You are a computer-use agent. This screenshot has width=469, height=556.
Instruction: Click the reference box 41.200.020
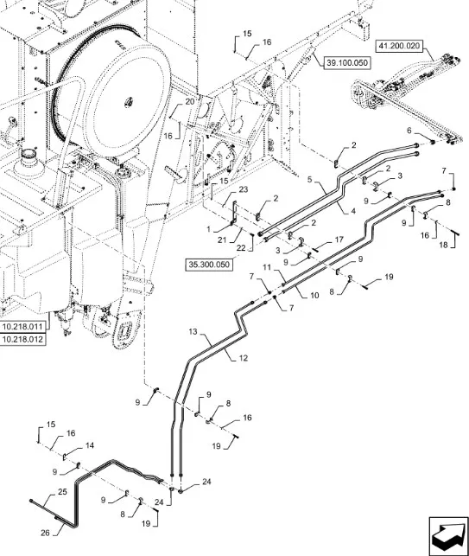[x=399, y=46]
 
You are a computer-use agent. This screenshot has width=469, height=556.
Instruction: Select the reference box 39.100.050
[x=347, y=63]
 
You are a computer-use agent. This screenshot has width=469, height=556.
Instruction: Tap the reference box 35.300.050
[x=209, y=265]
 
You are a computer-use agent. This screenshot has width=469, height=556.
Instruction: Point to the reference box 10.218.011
[x=23, y=327]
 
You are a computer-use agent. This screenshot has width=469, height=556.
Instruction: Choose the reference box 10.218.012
[x=23, y=339]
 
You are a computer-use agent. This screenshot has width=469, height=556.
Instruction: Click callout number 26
[x=45, y=533]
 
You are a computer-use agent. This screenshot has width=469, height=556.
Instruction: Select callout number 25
[x=62, y=492]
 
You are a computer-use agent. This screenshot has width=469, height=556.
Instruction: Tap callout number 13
[x=193, y=332]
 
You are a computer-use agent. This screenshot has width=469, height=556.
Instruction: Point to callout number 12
[x=244, y=358]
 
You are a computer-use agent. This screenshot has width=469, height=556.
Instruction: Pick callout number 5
[x=310, y=179]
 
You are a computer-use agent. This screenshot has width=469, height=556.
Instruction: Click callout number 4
[x=352, y=211]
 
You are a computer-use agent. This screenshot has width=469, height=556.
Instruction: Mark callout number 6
[x=409, y=131]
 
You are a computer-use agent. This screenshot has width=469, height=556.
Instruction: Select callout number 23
[x=244, y=189]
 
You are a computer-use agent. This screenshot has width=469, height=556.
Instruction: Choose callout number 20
[x=190, y=101]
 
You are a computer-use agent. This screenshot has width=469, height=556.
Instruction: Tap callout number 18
[x=443, y=245]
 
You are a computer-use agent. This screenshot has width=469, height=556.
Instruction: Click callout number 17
[x=339, y=240]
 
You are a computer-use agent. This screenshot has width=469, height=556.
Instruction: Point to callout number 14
[x=90, y=445]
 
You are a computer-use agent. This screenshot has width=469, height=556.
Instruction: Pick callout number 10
[x=314, y=295]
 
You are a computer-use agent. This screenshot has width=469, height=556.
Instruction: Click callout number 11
[x=267, y=267]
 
